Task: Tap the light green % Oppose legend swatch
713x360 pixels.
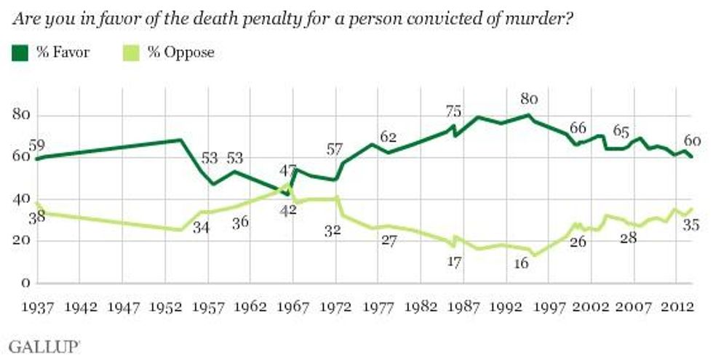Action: coord(130,52)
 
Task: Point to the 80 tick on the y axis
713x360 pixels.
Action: coord(22,116)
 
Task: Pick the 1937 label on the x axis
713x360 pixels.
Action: coord(39,306)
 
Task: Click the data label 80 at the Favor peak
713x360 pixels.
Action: coord(529,99)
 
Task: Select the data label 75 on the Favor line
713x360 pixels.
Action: coord(454,111)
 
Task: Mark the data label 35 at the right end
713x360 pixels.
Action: coord(692,226)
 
